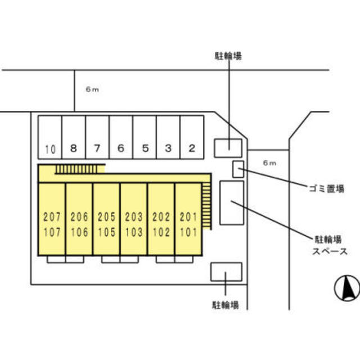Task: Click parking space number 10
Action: (49, 137)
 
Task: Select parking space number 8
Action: (73, 137)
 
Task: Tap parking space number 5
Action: (145, 137)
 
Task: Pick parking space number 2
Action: (192, 137)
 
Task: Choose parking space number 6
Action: (120, 137)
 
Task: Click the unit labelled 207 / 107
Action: (52, 224)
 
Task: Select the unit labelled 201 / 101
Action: (188, 224)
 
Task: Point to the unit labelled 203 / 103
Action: (134, 224)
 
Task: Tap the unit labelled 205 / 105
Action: (106, 224)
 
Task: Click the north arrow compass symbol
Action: (346, 289)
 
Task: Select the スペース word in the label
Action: (329, 252)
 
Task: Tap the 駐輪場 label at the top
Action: (228, 56)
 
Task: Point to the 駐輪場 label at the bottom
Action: (226, 305)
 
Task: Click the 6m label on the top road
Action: (92, 89)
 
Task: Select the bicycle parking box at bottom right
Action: (226, 271)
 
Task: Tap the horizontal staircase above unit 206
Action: (80, 169)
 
